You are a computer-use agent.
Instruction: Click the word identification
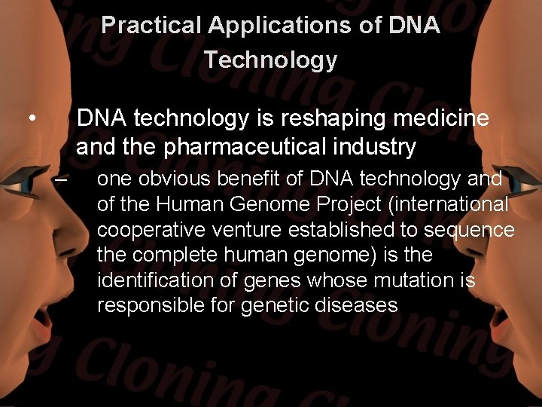coord(156,280)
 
